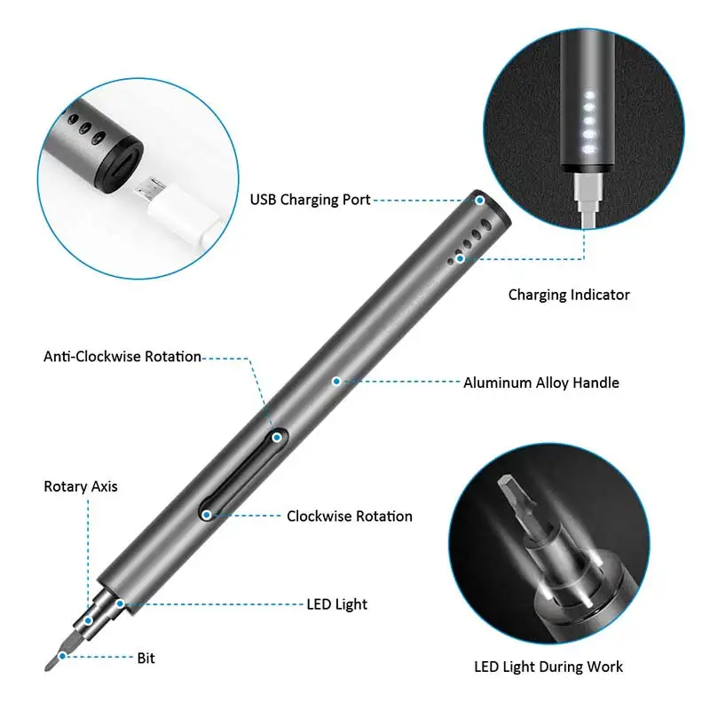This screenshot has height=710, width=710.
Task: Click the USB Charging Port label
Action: [x=310, y=200]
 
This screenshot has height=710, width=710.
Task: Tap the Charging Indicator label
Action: [x=569, y=295]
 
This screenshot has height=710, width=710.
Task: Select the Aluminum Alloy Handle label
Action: [x=541, y=383]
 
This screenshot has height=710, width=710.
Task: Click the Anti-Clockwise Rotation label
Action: [x=122, y=357]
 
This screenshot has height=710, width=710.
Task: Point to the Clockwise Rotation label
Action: [x=349, y=517]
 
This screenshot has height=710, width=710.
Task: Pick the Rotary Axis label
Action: [x=81, y=486]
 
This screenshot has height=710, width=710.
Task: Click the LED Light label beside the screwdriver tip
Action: [x=338, y=604]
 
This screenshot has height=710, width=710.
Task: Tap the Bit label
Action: [x=146, y=658]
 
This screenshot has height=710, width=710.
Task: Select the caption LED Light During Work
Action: [x=548, y=667]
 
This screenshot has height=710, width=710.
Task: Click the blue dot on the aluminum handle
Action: [x=336, y=382]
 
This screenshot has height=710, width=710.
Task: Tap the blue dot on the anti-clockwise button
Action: [x=277, y=437]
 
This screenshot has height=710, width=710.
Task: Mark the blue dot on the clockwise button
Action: [x=206, y=514]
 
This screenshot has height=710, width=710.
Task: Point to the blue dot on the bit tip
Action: [x=61, y=658]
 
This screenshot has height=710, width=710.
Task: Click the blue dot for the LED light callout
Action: [x=120, y=604]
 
